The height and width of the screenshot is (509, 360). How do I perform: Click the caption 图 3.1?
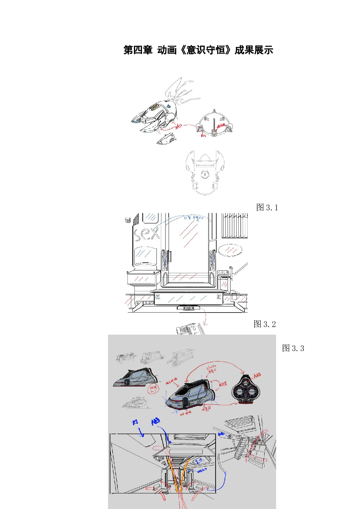[x=267, y=207]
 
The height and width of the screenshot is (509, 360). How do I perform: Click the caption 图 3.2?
[x=264, y=324]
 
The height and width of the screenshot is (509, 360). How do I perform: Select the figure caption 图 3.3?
[x=293, y=348]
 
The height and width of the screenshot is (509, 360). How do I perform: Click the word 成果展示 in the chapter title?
[x=254, y=50]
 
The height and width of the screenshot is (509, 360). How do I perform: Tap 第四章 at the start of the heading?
[x=138, y=50]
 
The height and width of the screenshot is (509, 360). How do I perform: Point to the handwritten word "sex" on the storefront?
[x=147, y=234]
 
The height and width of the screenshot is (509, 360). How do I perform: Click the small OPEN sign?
[x=223, y=273]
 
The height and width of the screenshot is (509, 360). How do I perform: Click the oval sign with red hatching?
[x=230, y=250]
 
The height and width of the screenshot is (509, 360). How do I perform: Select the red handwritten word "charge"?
[x=211, y=367]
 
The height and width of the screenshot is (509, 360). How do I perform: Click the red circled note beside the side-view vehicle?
[x=153, y=389]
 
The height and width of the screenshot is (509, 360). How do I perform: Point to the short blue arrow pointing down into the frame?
[x=141, y=432]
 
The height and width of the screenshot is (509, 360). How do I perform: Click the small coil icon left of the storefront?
[x=127, y=220]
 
